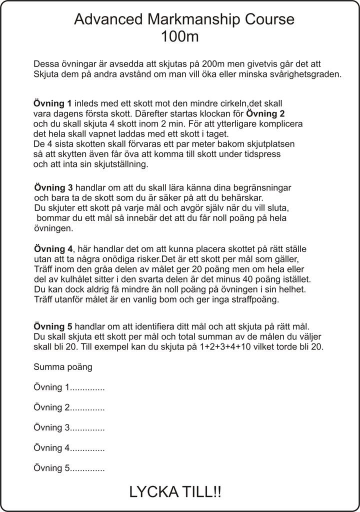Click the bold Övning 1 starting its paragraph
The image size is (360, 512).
(x=52, y=104)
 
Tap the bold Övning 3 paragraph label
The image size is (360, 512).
(x=53, y=188)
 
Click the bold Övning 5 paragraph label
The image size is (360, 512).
(x=52, y=327)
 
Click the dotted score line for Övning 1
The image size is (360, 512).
(x=87, y=387)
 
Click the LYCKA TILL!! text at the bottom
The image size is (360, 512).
(x=175, y=492)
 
